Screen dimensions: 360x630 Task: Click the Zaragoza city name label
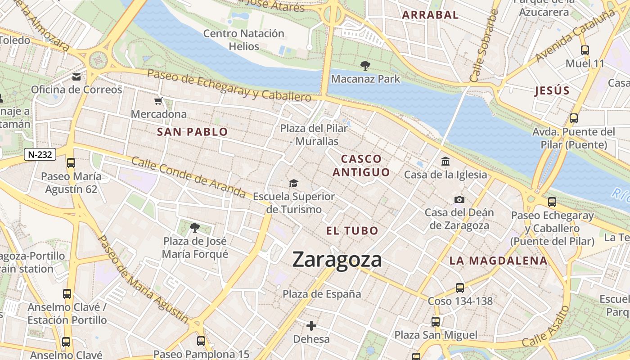[337, 260]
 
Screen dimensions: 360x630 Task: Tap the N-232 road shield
[40, 154]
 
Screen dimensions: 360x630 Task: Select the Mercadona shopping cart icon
[158, 101]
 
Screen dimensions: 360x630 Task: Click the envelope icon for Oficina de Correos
[76, 76]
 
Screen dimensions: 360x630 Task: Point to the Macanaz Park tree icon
[365, 66]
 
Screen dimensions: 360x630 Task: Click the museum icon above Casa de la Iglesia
[445, 161]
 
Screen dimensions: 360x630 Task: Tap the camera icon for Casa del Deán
[459, 199]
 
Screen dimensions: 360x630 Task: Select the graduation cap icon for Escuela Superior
[293, 183]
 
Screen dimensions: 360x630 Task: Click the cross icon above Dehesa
[311, 325]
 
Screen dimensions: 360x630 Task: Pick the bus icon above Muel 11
[585, 50]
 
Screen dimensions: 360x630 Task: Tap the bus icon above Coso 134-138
[459, 288]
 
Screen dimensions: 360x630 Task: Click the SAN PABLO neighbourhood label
[192, 132]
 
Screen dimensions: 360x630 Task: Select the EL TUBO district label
[352, 231]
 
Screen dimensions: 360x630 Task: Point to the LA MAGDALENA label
[498, 261]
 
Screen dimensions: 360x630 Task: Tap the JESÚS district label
[552, 90]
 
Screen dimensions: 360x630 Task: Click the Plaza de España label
[322, 294]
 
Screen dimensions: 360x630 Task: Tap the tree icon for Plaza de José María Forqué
[194, 228]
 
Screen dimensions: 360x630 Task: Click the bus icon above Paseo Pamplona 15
[201, 341]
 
